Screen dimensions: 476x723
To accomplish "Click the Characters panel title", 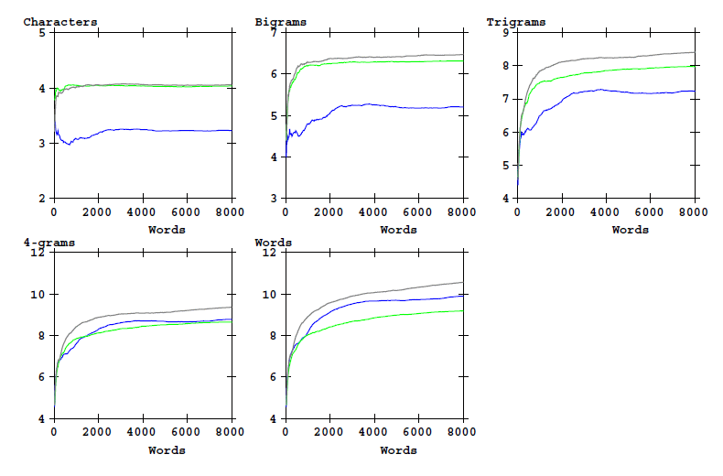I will tap(60, 21).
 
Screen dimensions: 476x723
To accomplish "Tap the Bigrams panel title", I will tap(281, 21).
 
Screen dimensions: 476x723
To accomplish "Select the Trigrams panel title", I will tap(515, 21).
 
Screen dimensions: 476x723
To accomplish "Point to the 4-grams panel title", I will tap(49, 243).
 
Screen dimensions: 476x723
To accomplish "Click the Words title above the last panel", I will tap(273, 243).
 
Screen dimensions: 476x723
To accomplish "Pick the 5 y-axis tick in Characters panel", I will tap(41, 33).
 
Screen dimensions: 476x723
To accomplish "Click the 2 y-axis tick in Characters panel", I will tap(41, 199).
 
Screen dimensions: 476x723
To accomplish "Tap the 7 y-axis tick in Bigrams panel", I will tap(273, 33).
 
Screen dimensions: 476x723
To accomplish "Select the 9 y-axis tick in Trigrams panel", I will tap(504, 33).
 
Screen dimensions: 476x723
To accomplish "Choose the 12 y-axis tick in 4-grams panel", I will tap(38, 253).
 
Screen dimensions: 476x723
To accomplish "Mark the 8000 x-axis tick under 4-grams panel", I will tap(230, 432).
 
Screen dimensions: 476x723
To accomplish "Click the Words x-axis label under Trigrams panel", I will tap(630, 229).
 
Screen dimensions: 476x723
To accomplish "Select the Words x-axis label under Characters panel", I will tap(167, 229).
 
